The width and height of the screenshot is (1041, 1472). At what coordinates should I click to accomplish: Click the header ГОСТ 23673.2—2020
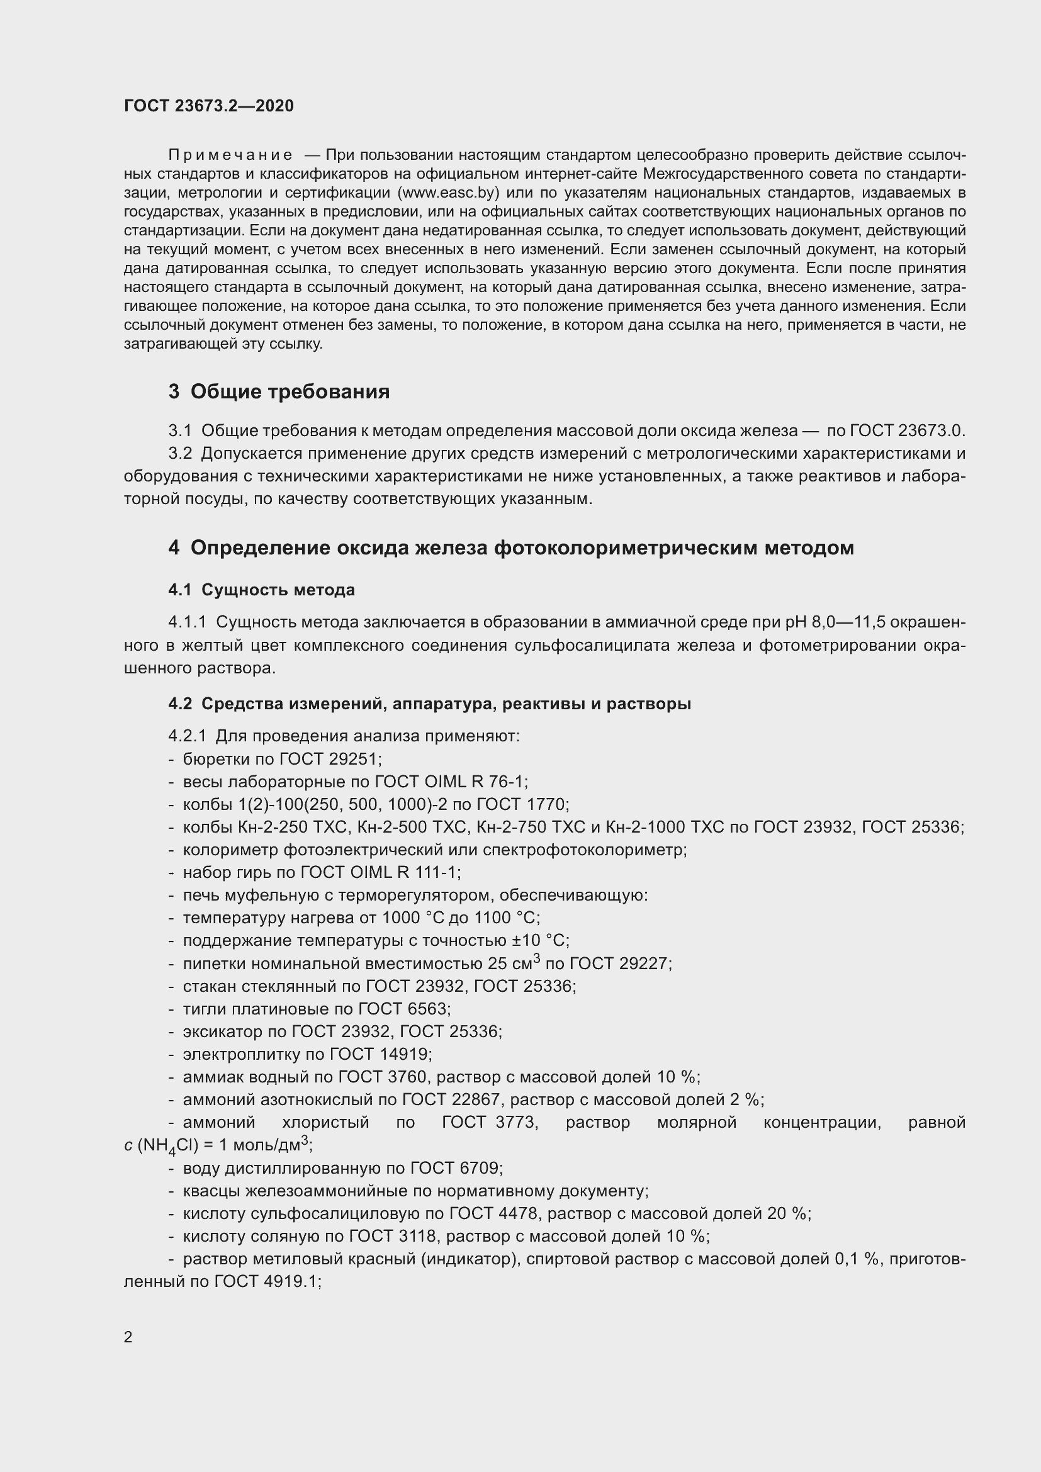coord(209,106)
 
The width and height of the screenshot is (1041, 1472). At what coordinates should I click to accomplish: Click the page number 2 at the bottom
coord(128,1337)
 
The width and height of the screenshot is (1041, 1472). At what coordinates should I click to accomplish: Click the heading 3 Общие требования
coord(279,391)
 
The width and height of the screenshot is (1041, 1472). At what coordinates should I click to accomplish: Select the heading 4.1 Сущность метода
coord(262,590)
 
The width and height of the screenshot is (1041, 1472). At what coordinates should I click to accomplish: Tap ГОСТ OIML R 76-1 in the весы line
coord(450,782)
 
